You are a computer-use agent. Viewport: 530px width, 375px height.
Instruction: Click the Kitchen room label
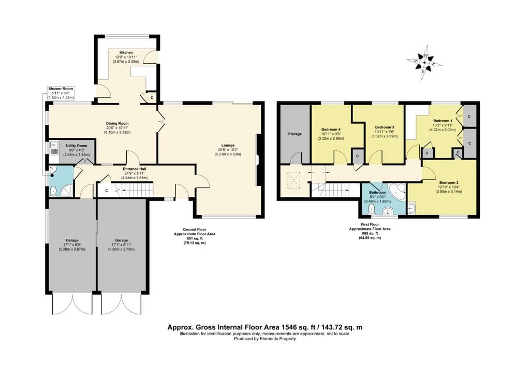(126, 53)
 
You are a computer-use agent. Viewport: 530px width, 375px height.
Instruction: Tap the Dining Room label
(117, 123)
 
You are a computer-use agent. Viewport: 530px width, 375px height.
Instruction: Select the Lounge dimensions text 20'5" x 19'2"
(228, 150)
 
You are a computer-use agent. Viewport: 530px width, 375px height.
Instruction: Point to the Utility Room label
(77, 146)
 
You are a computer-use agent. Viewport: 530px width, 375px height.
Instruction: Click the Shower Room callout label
(61, 89)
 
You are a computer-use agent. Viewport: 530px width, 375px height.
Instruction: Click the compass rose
(424, 63)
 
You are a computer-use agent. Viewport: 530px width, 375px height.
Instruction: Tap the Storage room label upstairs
(295, 134)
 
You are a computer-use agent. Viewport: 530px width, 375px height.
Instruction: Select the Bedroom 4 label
(331, 129)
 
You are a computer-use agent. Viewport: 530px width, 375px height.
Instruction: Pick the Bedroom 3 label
(385, 127)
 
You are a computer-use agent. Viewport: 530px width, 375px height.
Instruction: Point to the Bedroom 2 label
(449, 183)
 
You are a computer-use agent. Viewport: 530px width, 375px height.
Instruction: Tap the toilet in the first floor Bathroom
(372, 209)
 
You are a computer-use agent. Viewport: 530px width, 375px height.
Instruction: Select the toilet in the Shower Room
(53, 192)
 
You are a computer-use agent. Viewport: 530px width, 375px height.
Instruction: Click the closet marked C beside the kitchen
(150, 97)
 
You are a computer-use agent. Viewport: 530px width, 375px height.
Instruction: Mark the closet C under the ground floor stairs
(107, 191)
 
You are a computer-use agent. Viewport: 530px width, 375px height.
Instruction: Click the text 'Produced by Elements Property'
(265, 338)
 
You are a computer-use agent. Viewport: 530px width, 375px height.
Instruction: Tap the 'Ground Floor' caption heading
(195, 229)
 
